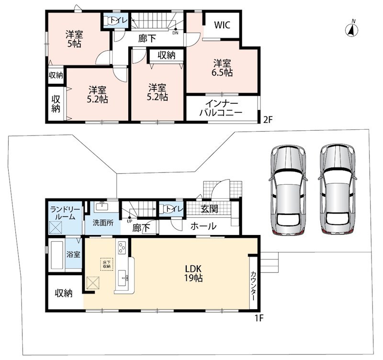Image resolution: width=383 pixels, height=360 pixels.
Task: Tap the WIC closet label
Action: pos(222,25)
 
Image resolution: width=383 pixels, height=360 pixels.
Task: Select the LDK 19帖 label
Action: pos(193,273)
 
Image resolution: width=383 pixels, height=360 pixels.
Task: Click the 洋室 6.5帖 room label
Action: pos(222,68)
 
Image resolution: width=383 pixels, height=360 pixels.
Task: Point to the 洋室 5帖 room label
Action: pos(74,39)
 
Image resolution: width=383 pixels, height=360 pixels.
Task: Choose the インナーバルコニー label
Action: pos(221,108)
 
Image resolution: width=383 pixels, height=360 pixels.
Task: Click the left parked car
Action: pos(288,190)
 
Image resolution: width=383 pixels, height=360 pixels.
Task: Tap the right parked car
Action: pos(338,190)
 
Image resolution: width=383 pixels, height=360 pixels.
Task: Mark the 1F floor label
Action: pos(259,318)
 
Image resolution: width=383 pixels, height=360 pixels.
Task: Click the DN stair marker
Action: pos(175,32)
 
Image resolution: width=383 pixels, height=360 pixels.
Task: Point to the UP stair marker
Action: pos(129,220)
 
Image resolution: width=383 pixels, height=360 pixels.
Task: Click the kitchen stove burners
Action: pos(122,247)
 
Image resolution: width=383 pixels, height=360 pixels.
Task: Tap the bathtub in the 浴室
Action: pos(56,255)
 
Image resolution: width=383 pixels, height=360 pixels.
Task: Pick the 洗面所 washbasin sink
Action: pos(103,207)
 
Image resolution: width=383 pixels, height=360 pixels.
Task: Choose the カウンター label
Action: pos(253,286)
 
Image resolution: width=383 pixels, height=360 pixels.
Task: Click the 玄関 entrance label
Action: pos(209,209)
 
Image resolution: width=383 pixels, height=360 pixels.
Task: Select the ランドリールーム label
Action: pos(65,213)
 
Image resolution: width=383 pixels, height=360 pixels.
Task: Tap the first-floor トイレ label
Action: pos(174,209)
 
